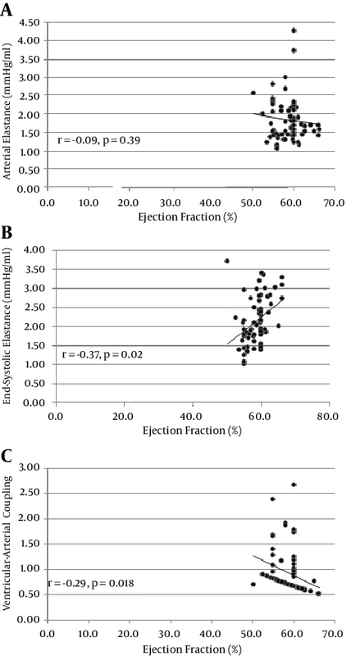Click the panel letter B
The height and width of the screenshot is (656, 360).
click(6, 233)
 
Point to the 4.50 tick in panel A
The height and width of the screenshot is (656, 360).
click(32, 22)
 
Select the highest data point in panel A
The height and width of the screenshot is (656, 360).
click(294, 30)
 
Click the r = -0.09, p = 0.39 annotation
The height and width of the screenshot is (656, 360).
click(98, 140)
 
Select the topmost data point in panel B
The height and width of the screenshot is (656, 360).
click(227, 261)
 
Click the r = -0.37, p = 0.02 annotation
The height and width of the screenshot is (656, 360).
click(103, 355)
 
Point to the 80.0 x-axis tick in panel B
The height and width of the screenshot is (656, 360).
click(329, 417)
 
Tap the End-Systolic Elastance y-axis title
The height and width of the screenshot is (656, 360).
click(7, 327)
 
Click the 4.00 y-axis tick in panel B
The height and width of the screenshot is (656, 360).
click(41, 250)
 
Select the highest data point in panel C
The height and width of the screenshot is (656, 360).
click(294, 485)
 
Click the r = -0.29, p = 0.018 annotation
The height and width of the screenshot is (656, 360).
click(91, 583)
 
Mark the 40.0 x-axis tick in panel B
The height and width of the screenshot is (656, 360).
click(193, 417)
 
